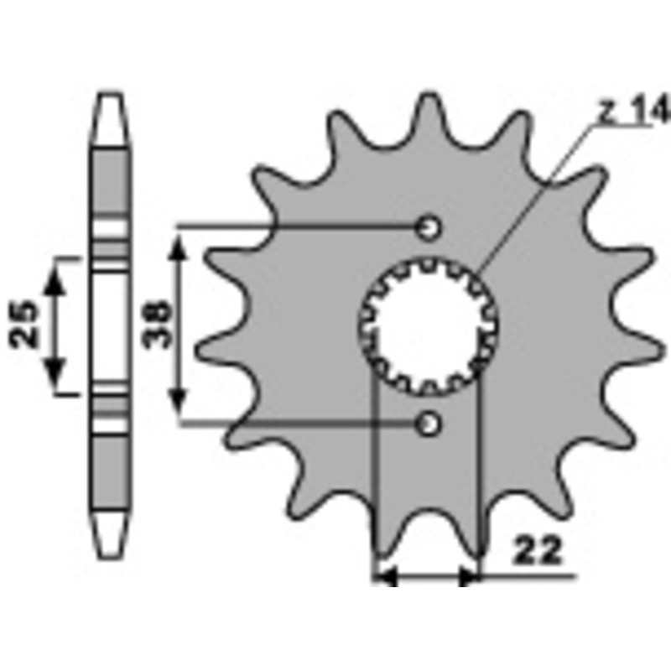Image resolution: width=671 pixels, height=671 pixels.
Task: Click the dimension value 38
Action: click(157, 323)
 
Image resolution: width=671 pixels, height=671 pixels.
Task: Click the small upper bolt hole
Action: click(429, 226)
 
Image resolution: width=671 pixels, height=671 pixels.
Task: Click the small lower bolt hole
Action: click(429, 424)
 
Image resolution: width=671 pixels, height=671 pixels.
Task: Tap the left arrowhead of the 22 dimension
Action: click(386, 577)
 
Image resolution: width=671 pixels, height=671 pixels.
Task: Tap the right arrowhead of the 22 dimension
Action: click(470, 577)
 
